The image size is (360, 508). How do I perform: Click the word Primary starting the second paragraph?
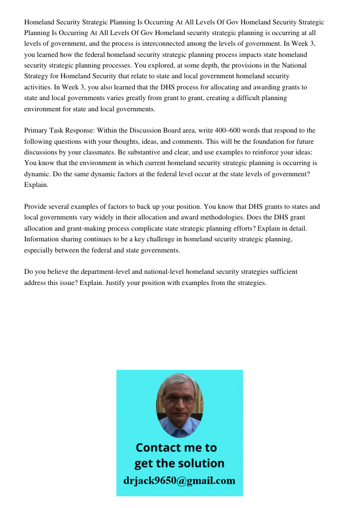tap(36, 131)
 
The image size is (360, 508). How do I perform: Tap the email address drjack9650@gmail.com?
tap(179, 481)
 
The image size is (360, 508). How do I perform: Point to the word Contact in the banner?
tap(160, 448)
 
